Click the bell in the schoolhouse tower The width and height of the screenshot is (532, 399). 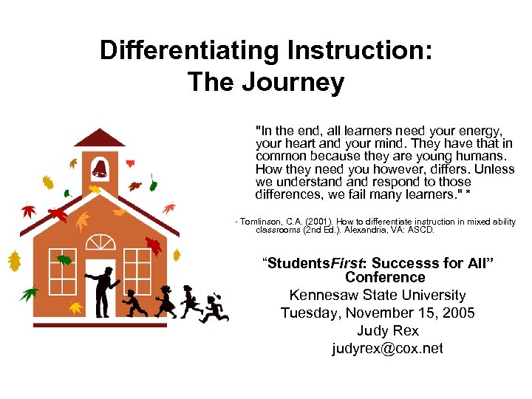click(100, 169)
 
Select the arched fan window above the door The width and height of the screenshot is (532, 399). click(100, 243)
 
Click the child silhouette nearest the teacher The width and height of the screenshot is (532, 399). click(134, 302)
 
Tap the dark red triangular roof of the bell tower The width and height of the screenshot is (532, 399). click(100, 138)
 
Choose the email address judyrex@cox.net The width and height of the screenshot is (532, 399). click(387, 348)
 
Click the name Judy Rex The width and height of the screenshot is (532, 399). click(387, 330)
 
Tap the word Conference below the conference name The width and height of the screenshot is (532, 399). click(385, 278)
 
